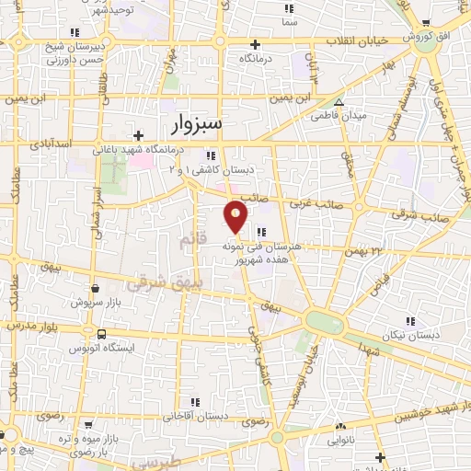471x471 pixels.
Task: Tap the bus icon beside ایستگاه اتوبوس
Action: pyautogui.click(x=100, y=334)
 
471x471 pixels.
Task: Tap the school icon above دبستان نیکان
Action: pyautogui.click(x=409, y=321)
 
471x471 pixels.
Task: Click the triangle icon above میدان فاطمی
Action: pyautogui.click(x=339, y=103)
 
